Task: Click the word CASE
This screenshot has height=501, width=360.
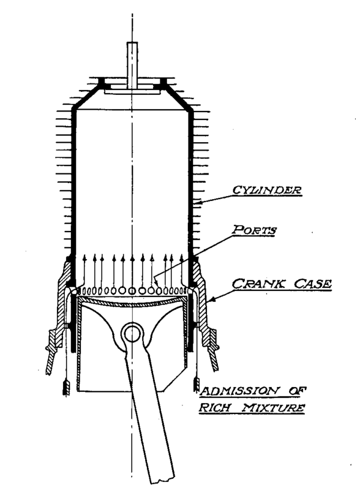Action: (310, 284)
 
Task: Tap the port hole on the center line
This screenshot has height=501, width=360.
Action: (133, 290)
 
